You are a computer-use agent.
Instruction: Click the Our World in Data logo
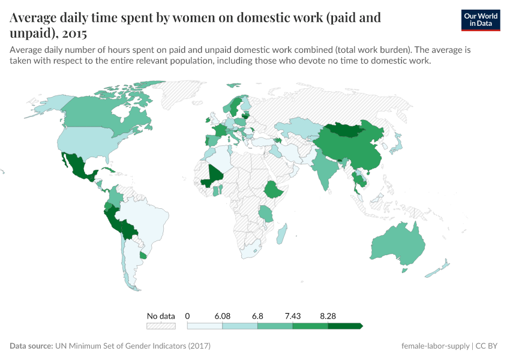pyautogui.click(x=480, y=20)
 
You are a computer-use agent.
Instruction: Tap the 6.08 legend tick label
pyautogui.click(x=222, y=316)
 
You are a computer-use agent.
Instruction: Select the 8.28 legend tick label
pyautogui.click(x=328, y=316)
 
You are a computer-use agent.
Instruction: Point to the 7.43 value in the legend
pyautogui.click(x=293, y=316)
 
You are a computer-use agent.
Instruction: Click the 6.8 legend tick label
pyautogui.click(x=257, y=316)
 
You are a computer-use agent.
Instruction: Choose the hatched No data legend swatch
pyautogui.click(x=161, y=326)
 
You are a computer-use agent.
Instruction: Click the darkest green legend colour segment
pyautogui.click(x=344, y=326)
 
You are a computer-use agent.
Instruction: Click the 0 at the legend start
pyautogui.click(x=188, y=316)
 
